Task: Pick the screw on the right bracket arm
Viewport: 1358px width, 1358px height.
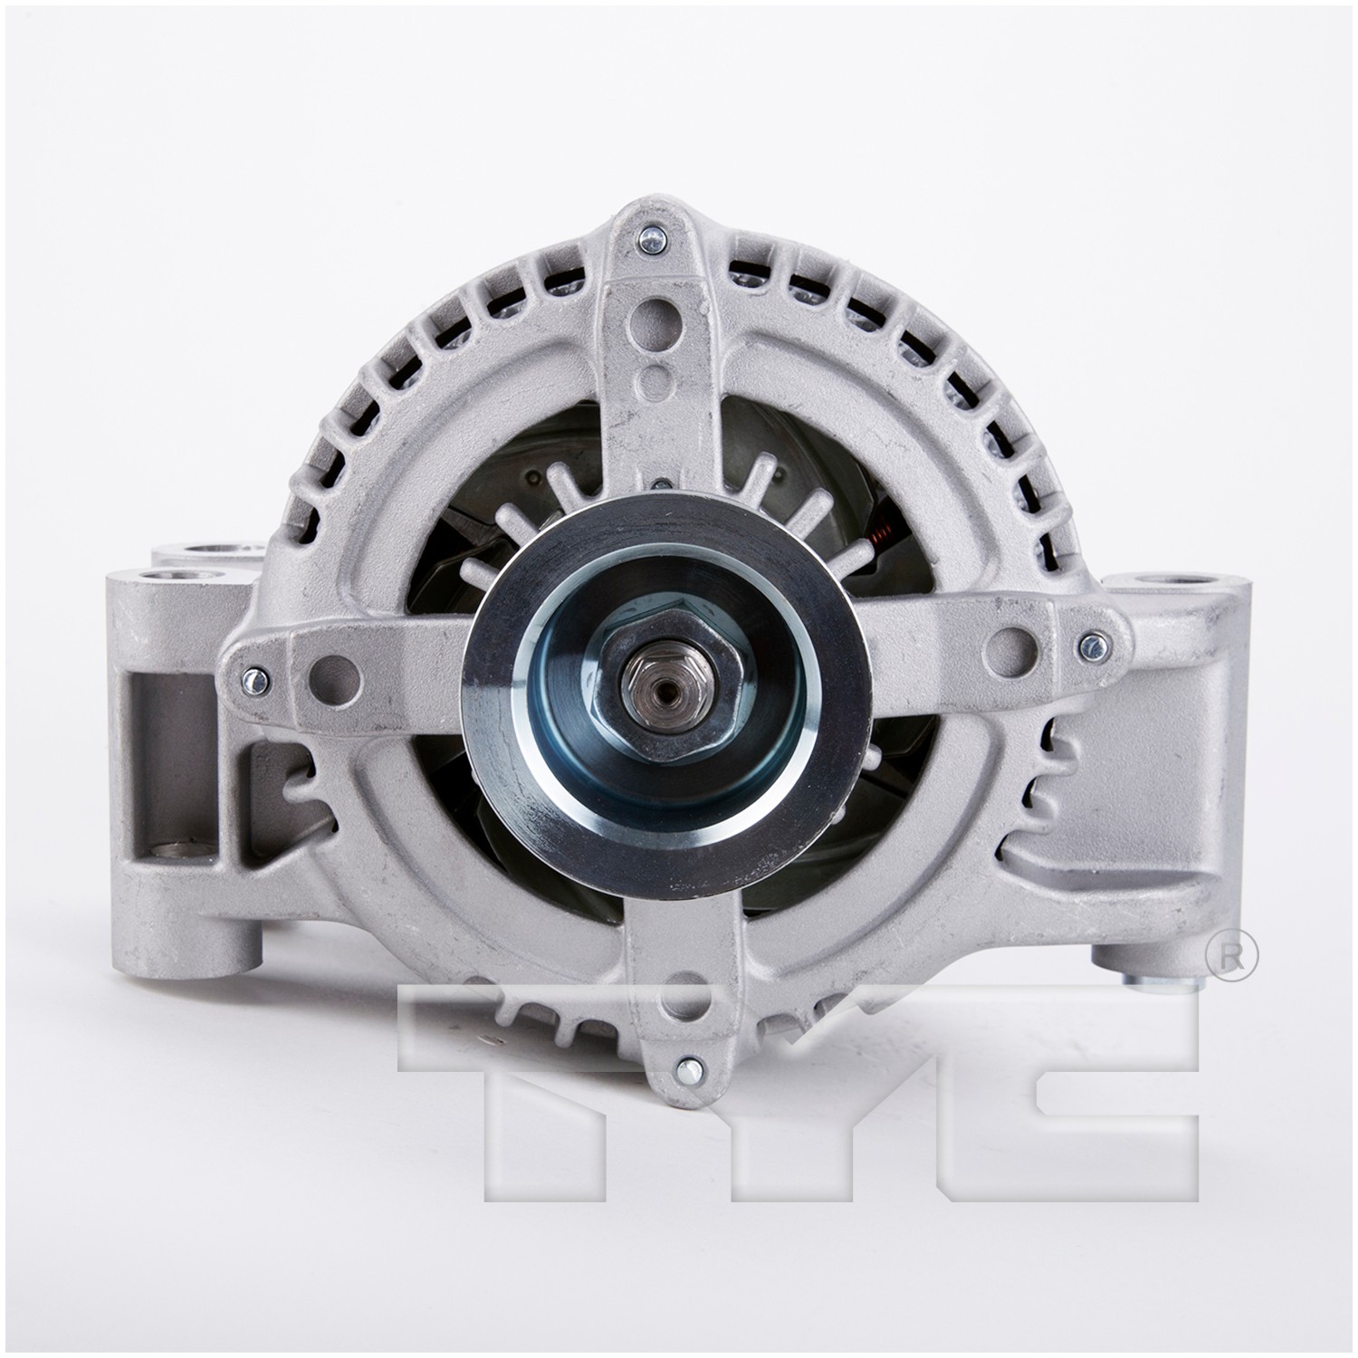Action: [x=1093, y=646]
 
